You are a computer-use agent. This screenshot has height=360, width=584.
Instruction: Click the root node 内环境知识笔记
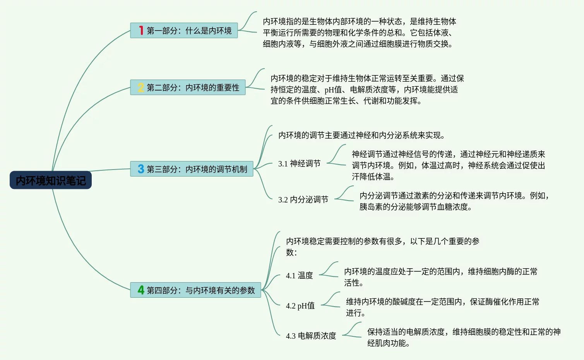click(x=51, y=180)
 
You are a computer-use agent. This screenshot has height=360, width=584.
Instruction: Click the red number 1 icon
click(x=141, y=31)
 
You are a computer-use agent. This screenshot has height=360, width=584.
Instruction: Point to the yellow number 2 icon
click(x=141, y=88)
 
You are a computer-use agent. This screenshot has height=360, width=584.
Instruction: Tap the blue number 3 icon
click(x=141, y=169)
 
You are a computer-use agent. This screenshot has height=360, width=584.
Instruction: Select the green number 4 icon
click(x=141, y=290)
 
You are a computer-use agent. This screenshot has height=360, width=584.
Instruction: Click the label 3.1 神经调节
click(x=299, y=164)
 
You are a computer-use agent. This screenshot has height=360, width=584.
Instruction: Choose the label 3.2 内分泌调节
click(x=303, y=200)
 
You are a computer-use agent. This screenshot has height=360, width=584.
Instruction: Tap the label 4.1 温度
click(x=299, y=276)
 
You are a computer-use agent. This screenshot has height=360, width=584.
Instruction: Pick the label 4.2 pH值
click(x=300, y=306)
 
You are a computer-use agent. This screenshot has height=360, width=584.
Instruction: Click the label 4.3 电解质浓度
click(x=311, y=336)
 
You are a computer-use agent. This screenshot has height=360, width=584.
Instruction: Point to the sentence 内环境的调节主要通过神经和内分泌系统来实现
click(x=361, y=135)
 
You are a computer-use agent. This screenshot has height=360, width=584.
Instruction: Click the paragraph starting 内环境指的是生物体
click(x=359, y=33)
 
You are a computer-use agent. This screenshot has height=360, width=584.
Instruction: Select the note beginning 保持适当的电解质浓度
click(x=464, y=337)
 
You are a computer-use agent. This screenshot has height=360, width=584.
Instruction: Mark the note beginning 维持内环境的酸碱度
click(x=442, y=307)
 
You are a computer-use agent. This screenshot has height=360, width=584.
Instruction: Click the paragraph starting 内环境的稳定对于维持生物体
click(x=367, y=89)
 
